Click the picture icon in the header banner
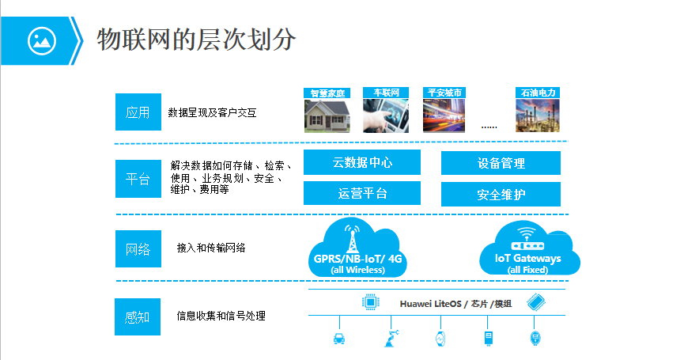click(40, 40)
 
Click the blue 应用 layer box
click(138, 112)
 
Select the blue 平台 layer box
click(138, 179)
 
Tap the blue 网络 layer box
click(138, 248)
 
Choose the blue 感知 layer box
click(138, 316)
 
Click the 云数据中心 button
click(363, 163)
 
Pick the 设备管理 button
click(501, 163)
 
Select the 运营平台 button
click(363, 193)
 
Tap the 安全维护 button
click(501, 194)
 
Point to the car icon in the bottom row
click(339, 339)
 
